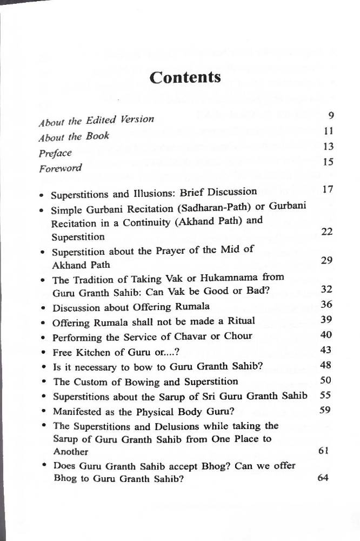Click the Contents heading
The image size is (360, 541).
coord(185,77)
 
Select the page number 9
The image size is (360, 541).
coord(331,115)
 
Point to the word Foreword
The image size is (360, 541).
coord(61,168)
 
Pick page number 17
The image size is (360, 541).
coord(327,189)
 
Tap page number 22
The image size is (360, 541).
coord(326,232)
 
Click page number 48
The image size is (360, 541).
coord(325,365)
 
